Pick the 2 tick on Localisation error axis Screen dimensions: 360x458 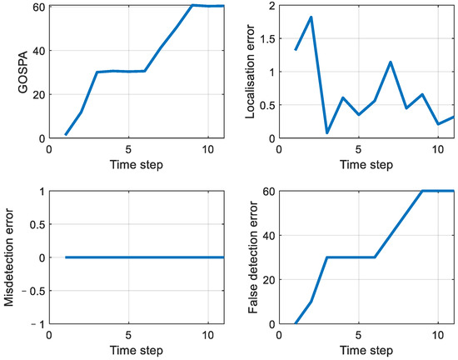click(277, 6)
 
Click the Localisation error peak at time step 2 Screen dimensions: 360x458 click(311, 17)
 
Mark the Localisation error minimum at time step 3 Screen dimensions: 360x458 click(326, 132)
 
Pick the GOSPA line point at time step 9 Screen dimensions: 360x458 click(192, 5)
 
